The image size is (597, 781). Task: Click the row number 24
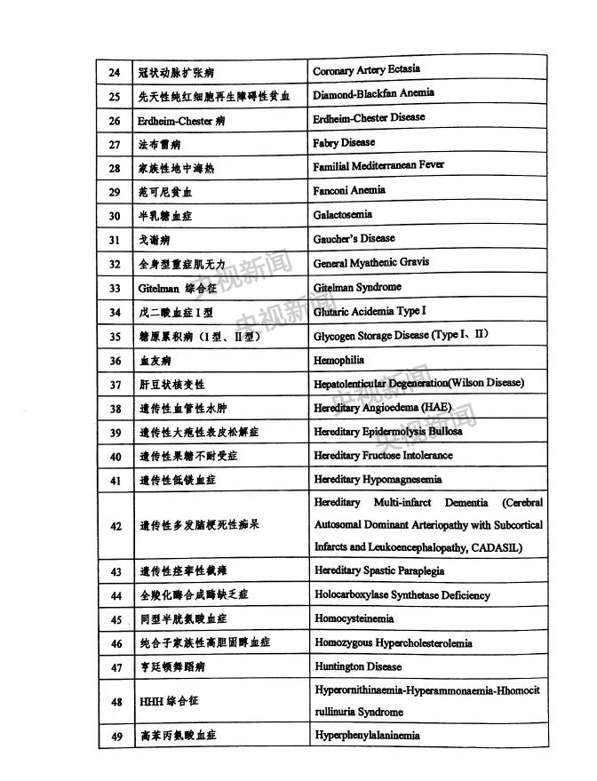(115, 72)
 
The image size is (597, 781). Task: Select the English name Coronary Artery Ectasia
(366, 70)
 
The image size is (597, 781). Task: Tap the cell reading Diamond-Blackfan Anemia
(373, 94)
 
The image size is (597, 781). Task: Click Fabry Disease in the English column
(344, 142)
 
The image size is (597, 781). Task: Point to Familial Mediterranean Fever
(378, 166)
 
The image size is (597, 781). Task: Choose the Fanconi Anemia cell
(349, 190)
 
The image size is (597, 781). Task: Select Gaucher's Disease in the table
(354, 238)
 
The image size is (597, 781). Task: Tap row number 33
(115, 288)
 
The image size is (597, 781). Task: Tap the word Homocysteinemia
(354, 618)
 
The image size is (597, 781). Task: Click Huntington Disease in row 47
(358, 666)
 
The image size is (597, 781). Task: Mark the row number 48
(115, 701)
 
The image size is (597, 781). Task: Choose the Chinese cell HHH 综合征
(169, 701)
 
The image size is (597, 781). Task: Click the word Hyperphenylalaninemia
(367, 736)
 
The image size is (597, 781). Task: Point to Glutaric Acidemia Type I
(370, 311)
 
